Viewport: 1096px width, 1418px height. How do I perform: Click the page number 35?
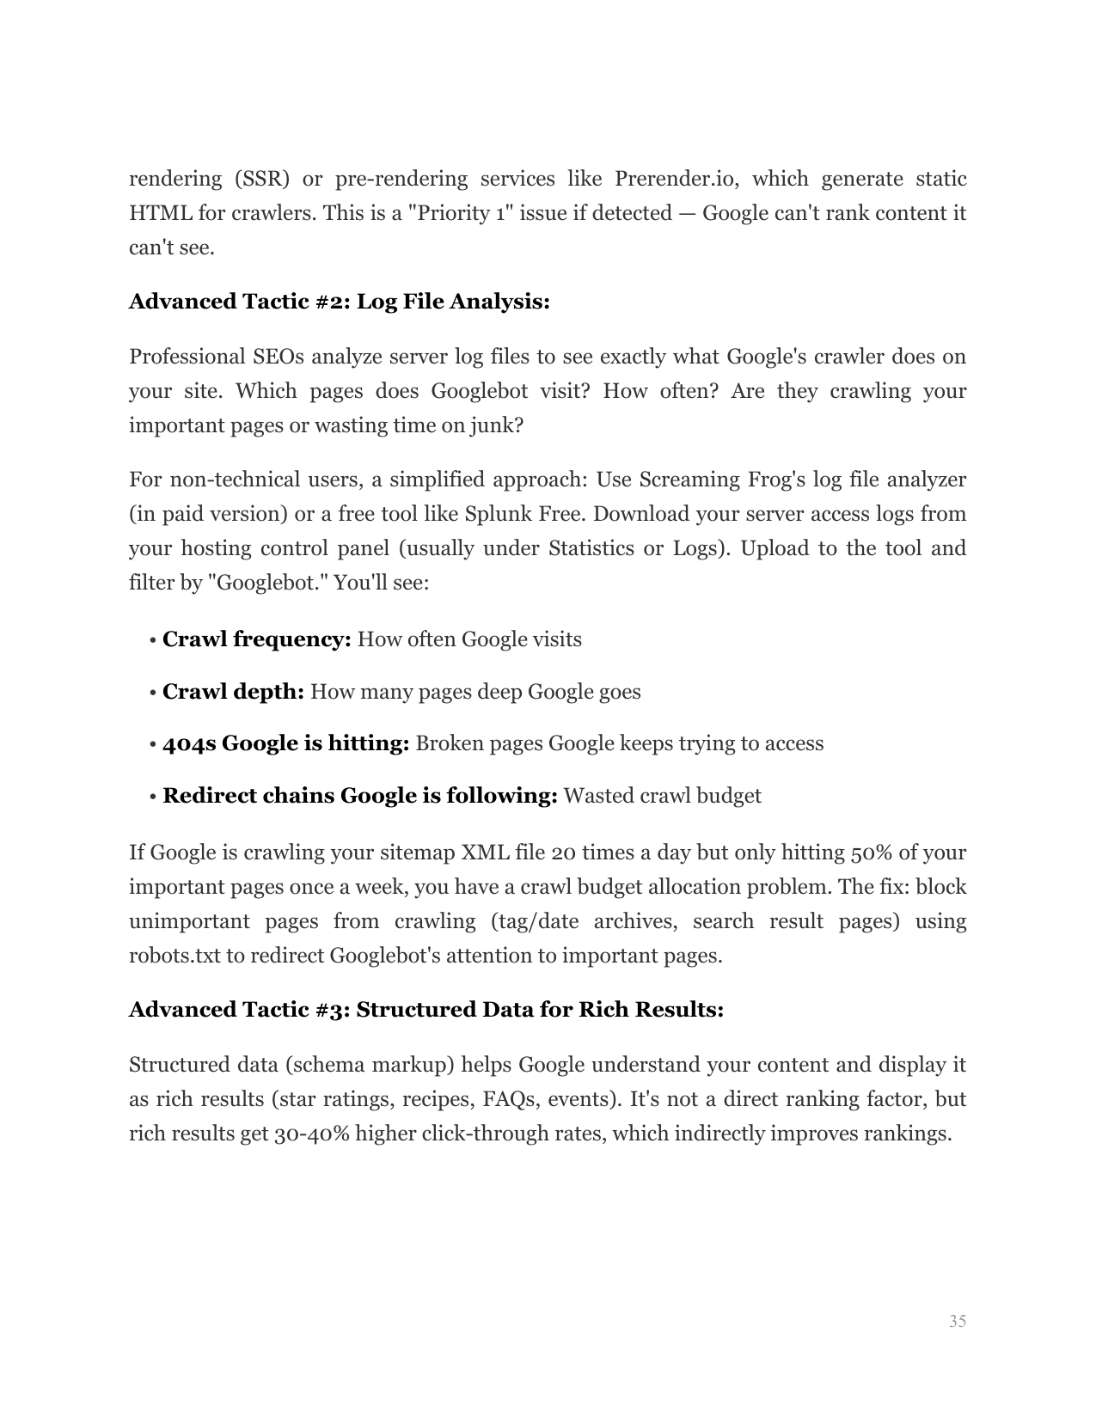tap(957, 1321)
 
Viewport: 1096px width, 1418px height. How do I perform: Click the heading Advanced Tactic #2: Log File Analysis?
tap(339, 302)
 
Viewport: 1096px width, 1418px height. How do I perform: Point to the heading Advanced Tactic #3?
tap(426, 1009)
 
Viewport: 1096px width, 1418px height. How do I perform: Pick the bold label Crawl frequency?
tap(256, 639)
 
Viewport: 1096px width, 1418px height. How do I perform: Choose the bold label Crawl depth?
tap(233, 692)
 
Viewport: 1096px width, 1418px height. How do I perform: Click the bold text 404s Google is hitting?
tap(285, 743)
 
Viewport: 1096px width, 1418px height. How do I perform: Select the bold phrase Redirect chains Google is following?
tap(360, 796)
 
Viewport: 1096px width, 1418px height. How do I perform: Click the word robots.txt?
tap(175, 956)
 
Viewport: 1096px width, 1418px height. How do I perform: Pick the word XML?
tap(486, 853)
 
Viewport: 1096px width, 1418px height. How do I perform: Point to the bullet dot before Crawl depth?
tap(151, 693)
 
